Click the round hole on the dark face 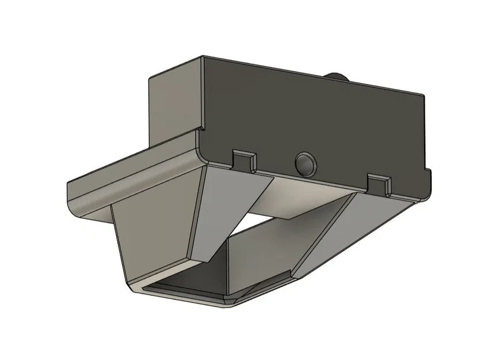(304, 164)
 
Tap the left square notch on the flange (244, 160)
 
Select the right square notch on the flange (379, 184)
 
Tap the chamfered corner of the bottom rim (230, 302)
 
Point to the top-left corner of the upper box (151, 78)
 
